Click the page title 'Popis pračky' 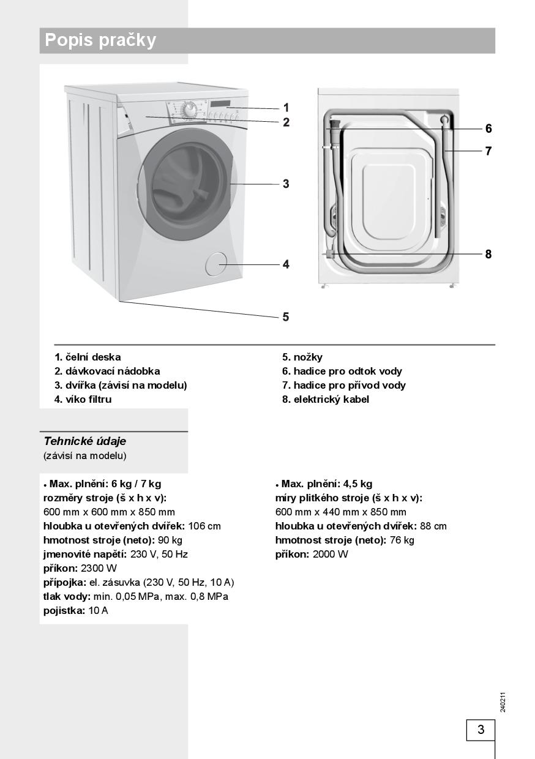[101, 40]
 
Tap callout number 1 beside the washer [286, 108]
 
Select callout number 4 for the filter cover [286, 264]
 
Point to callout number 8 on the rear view [488, 254]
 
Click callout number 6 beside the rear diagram [488, 129]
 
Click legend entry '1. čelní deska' [88, 357]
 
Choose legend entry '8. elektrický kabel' [326, 400]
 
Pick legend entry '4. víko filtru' [83, 400]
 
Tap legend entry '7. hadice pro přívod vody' [344, 386]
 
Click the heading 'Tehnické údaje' [85, 441]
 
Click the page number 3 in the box [481, 730]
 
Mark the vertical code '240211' [503, 701]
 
